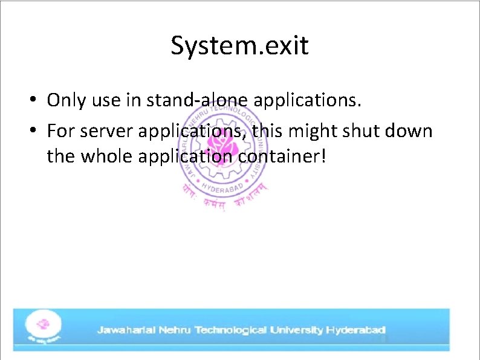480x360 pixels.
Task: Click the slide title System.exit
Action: [239, 45]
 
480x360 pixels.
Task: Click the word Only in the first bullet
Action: [67, 100]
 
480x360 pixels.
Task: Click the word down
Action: [414, 130]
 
